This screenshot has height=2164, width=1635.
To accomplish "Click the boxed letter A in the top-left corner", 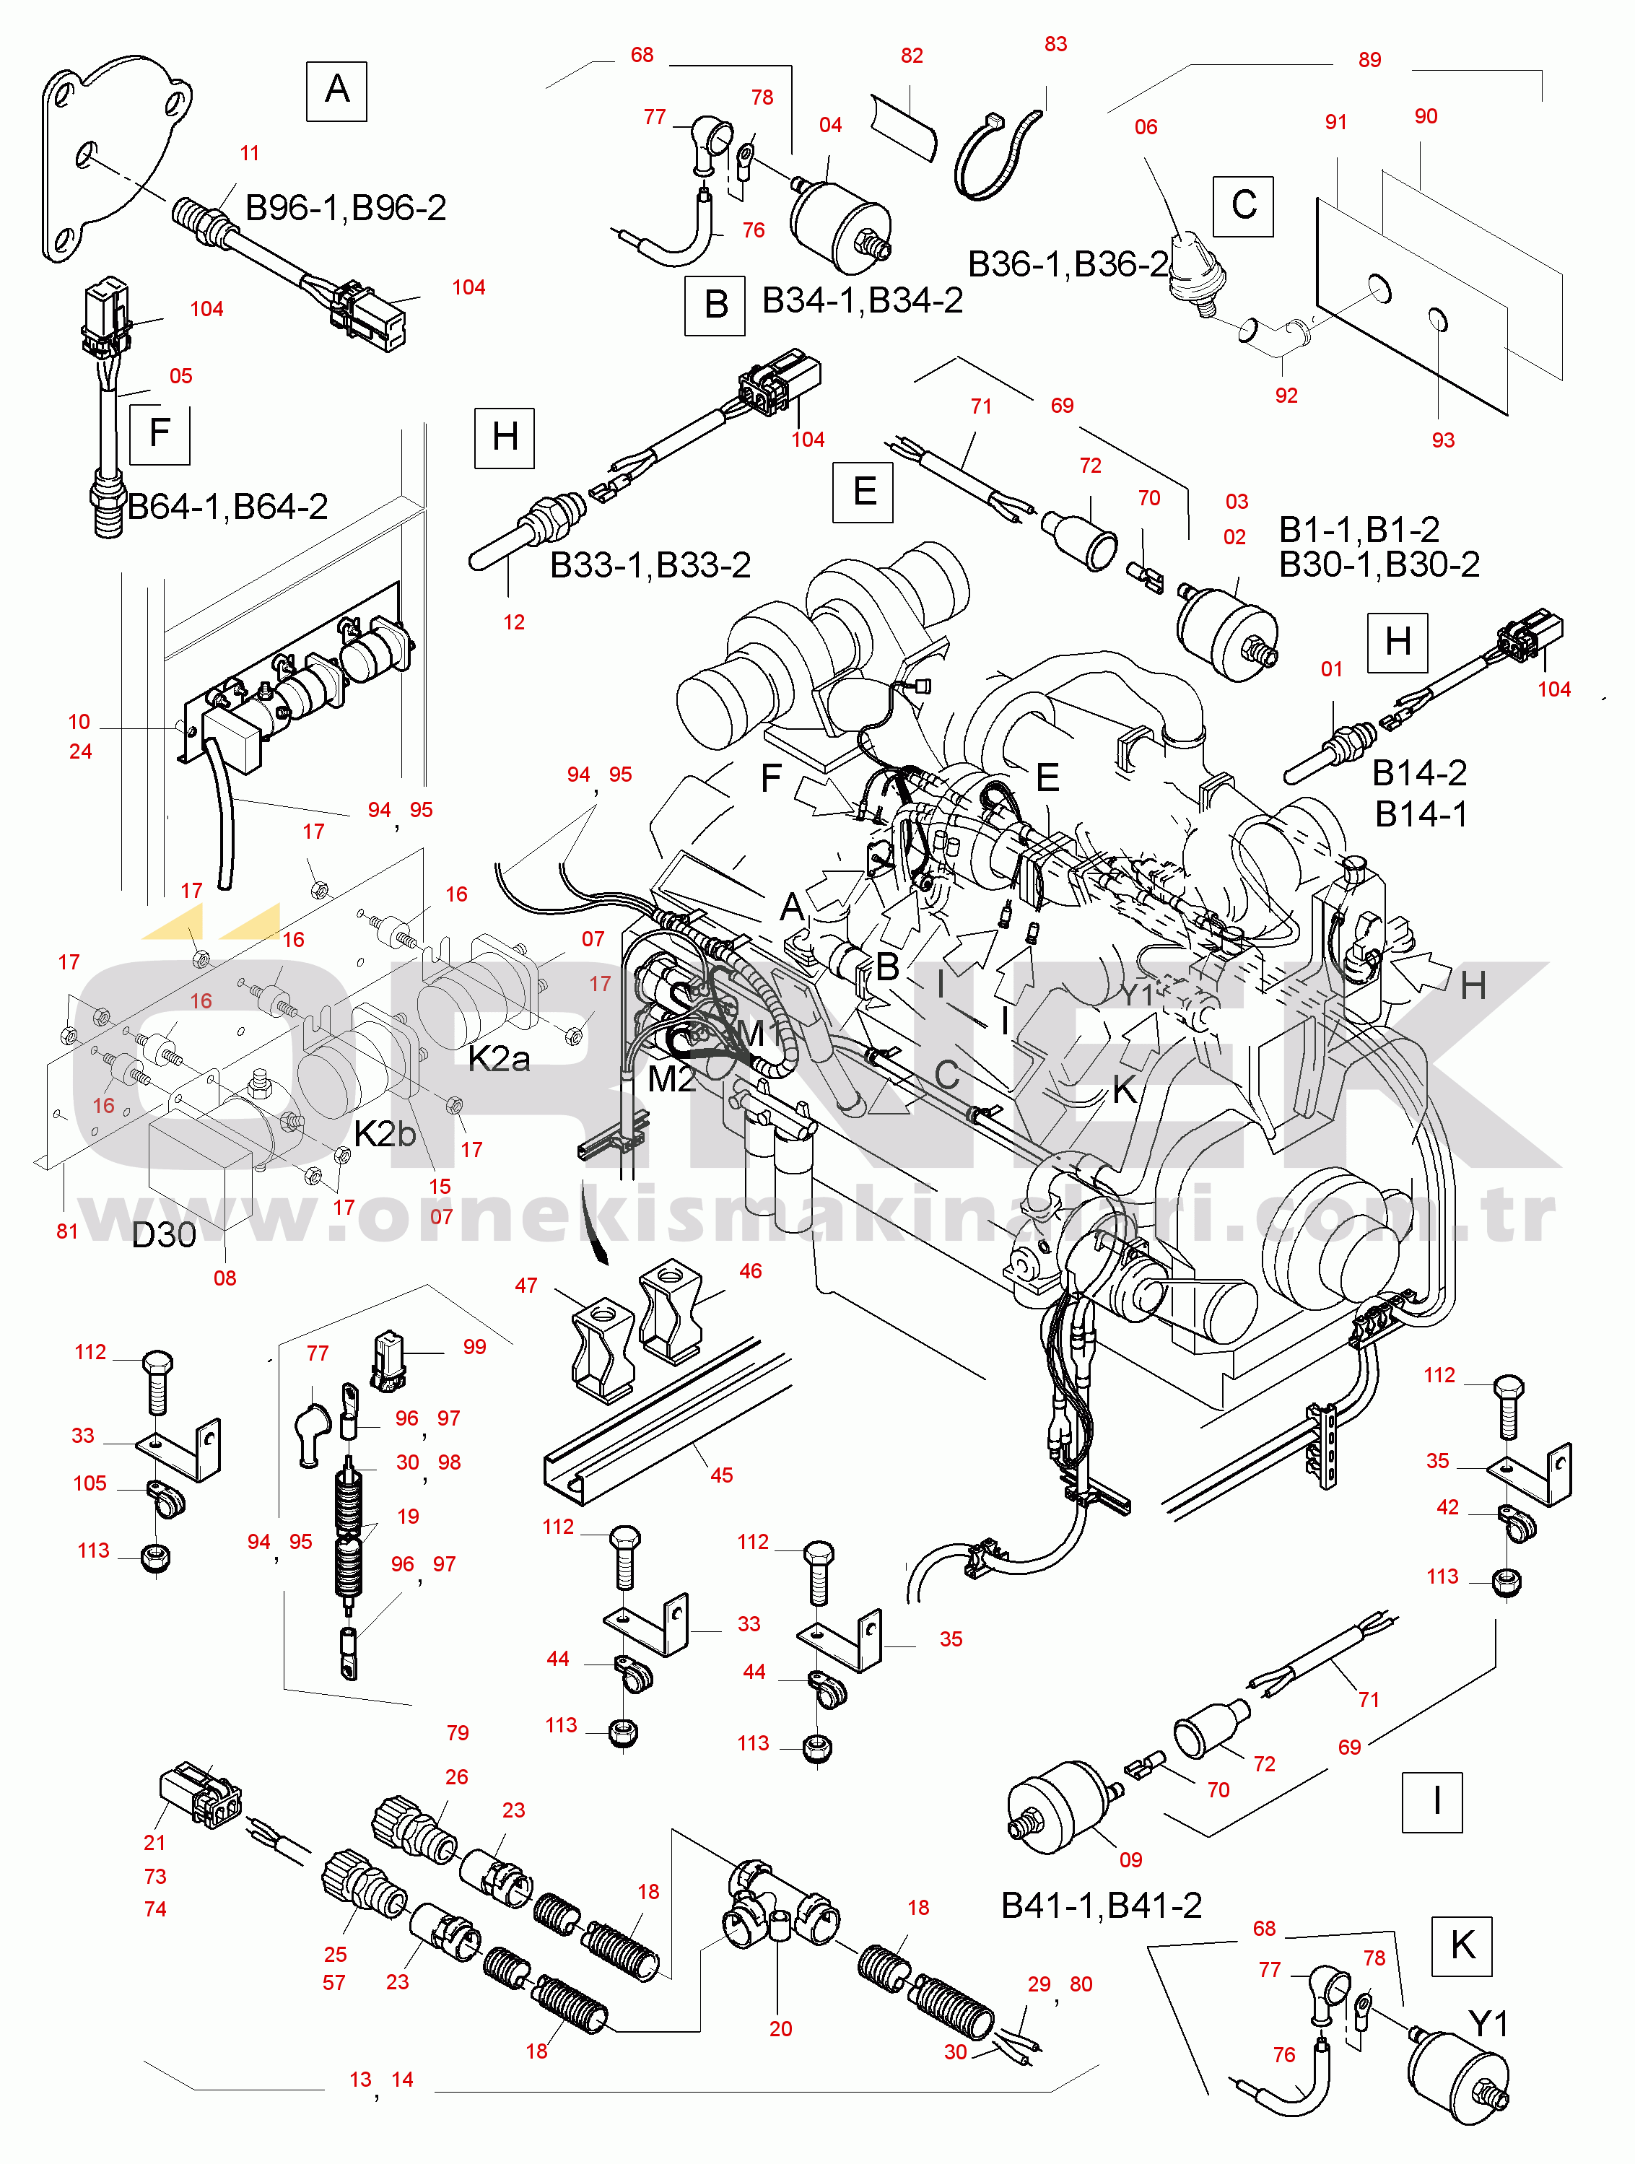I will pyautogui.click(x=336, y=91).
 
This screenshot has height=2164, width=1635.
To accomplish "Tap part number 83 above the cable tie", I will pyautogui.click(x=1055, y=44).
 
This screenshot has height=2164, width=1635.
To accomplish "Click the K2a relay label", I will pyautogui.click(x=499, y=1057).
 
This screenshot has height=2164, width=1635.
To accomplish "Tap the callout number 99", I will pyautogui.click(x=474, y=1347).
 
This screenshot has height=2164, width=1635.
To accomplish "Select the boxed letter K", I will pyautogui.click(x=1462, y=1945).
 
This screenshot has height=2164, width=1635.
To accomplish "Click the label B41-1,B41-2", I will pyautogui.click(x=1102, y=1905).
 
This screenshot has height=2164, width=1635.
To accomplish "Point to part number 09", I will pyautogui.click(x=1130, y=1859).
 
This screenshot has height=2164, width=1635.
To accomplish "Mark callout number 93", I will pyautogui.click(x=1443, y=440).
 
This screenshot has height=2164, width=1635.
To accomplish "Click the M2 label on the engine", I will pyautogui.click(x=671, y=1079).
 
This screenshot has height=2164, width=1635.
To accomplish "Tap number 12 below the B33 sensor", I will pyautogui.click(x=514, y=622).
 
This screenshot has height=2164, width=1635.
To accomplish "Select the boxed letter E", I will pyautogui.click(x=864, y=491).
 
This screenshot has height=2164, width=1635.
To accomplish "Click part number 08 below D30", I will pyautogui.click(x=225, y=1278).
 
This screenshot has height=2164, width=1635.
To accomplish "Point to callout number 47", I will pyautogui.click(x=526, y=1286).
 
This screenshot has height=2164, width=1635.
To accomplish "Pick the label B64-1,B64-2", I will pyautogui.click(x=228, y=507).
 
